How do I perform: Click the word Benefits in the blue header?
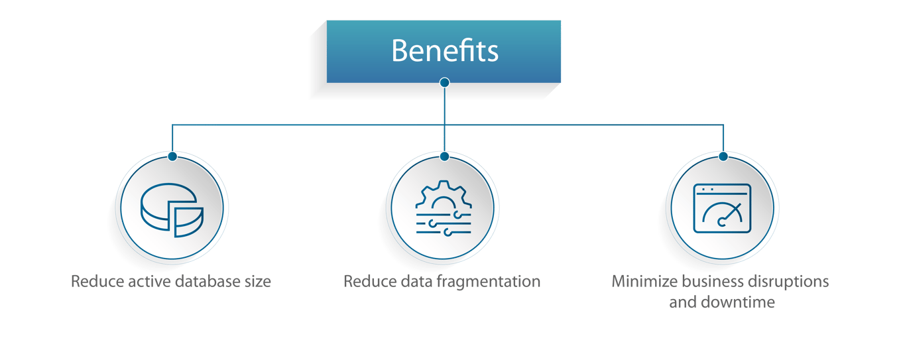(x=444, y=50)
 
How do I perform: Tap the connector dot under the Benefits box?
(x=444, y=83)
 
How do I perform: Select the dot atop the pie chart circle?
(x=172, y=156)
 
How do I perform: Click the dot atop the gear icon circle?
(x=444, y=156)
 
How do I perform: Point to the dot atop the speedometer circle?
(x=723, y=156)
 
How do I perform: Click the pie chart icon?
(x=172, y=208)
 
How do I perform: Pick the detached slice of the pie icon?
(x=188, y=219)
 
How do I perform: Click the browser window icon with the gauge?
(x=721, y=208)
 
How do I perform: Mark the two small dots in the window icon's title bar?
(x=705, y=190)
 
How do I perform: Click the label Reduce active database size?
(x=172, y=282)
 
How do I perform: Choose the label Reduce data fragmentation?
(x=442, y=282)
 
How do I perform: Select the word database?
(x=202, y=282)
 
